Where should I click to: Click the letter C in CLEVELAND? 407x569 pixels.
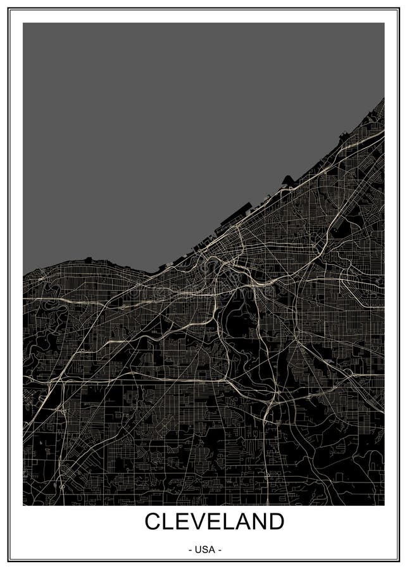154,522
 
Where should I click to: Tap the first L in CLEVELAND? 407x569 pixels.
170,522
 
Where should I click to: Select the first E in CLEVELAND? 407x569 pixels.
184,522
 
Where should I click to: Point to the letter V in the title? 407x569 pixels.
201,522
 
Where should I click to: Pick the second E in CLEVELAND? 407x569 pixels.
217,522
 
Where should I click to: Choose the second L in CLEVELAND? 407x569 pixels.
232,522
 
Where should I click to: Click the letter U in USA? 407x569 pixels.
198,550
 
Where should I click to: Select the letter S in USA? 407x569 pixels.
205,550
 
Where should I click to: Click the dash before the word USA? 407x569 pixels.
191,550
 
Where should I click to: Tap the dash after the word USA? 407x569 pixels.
220,550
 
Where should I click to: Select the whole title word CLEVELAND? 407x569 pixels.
215,522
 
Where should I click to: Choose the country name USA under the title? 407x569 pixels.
205,550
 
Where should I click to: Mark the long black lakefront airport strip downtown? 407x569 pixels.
235,217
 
